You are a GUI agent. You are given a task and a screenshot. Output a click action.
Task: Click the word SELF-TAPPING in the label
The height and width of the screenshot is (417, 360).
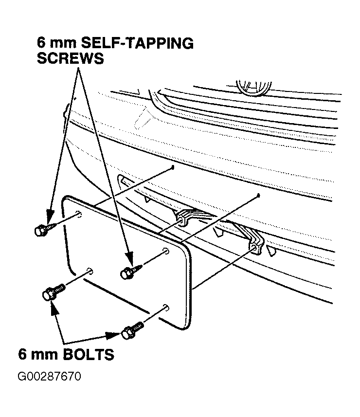tap(137, 43)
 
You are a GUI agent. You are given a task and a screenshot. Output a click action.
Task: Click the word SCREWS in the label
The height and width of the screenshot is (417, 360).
tap(71, 58)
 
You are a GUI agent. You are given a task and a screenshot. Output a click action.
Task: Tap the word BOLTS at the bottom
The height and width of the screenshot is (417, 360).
tap(89, 354)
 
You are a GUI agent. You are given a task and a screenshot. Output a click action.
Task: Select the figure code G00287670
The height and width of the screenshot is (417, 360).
tap(49, 377)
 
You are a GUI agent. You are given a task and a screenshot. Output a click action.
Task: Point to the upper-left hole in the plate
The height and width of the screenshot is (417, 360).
tap(79, 214)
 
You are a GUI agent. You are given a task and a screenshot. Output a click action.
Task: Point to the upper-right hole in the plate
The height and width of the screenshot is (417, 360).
tap(165, 251)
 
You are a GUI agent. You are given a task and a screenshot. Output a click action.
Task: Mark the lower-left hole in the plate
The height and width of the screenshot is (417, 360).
tap(90, 272)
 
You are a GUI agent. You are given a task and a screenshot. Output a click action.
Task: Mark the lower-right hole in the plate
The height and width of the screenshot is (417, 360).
tap(166, 308)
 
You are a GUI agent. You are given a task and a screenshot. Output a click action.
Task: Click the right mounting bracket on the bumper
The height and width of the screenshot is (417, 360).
tap(254, 242)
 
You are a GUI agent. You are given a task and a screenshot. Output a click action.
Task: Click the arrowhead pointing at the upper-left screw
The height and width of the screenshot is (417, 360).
tap(50, 216)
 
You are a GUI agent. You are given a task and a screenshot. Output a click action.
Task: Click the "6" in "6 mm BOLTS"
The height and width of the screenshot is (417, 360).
tap(22, 354)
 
